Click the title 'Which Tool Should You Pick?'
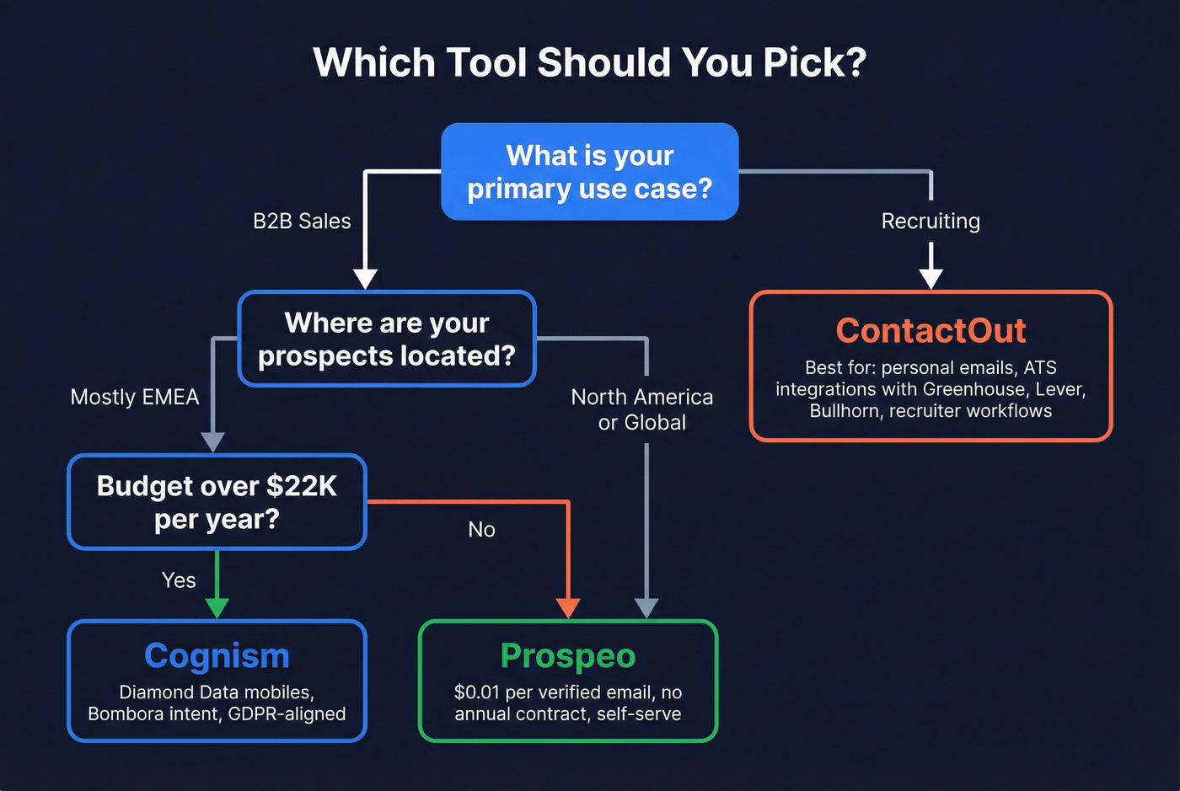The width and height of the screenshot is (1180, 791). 589,63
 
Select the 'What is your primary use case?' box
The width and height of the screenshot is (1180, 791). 589,172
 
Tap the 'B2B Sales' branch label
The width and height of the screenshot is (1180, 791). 302,222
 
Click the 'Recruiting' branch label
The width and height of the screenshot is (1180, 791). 931,222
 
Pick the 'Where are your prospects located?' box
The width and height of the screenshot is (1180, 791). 387,339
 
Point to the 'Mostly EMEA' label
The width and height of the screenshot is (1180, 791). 135,397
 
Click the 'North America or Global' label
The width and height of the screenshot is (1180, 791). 642,409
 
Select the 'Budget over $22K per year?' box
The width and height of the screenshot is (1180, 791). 217,502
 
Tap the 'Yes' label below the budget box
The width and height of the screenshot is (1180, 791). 179,580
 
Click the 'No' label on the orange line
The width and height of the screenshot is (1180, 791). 481,530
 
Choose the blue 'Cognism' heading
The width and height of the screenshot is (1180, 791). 217,655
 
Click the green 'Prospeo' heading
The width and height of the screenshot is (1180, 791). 568,655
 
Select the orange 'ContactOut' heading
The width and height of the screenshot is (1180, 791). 931,330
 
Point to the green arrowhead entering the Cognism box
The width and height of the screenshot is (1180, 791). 217,607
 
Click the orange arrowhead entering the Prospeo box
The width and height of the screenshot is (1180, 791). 569,607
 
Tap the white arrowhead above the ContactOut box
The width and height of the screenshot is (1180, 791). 931,279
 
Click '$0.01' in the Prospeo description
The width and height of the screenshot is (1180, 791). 477,692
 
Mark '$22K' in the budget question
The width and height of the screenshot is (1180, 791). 301,486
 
